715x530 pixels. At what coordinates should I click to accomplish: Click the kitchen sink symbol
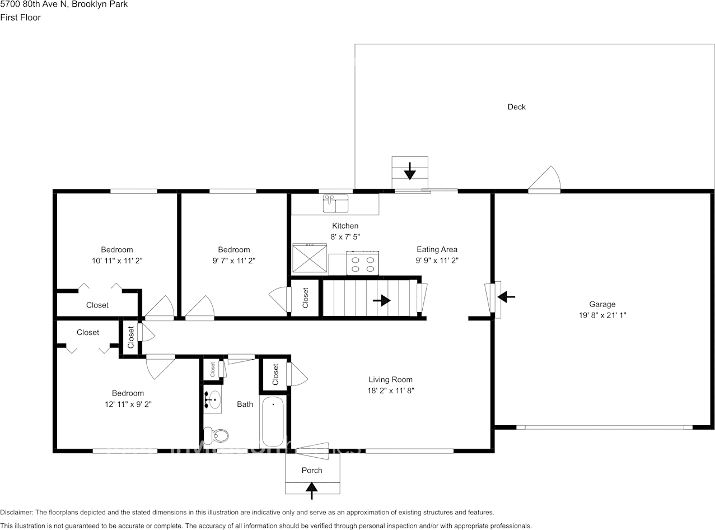(335, 203)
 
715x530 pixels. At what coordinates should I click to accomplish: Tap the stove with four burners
(362, 263)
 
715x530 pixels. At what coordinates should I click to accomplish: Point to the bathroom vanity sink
(213, 400)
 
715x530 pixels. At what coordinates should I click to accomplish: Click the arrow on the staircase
(381, 300)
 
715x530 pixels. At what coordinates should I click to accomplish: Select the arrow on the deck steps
(409, 170)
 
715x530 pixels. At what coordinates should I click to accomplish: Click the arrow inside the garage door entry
(507, 296)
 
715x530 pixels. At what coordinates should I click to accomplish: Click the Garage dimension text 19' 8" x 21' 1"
(602, 315)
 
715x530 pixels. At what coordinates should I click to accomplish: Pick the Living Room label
(390, 379)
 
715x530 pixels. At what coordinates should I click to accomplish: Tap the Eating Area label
(437, 249)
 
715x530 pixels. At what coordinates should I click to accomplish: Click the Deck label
(516, 106)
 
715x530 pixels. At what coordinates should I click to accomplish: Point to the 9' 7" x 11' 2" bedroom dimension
(233, 260)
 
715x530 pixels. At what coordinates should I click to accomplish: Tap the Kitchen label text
(345, 226)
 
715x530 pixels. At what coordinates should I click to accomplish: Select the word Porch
(312, 470)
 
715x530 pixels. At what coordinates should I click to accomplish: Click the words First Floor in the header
(20, 17)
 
